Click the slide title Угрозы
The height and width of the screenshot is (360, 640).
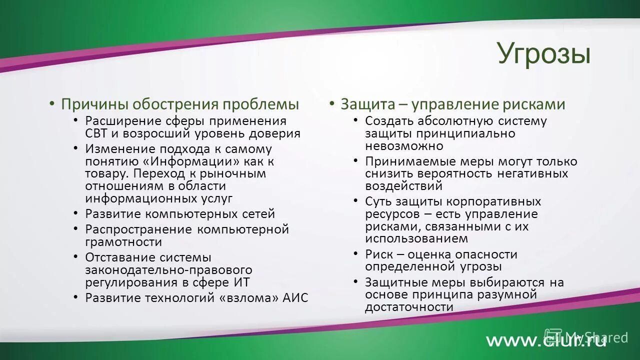[543, 54]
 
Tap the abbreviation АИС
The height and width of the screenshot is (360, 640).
[295, 298]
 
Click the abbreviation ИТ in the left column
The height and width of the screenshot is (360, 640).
[241, 282]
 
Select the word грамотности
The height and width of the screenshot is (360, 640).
[123, 242]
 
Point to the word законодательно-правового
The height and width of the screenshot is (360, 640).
[168, 270]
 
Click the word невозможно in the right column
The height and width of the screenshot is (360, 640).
[404, 146]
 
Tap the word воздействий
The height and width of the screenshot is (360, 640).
[404, 186]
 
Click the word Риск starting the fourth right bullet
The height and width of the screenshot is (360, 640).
[379, 254]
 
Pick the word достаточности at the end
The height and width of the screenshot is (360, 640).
[409, 307]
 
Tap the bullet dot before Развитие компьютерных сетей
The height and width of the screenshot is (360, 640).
[75, 213]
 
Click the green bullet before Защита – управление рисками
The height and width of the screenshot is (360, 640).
[331, 102]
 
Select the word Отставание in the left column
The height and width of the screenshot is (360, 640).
[119, 257]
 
